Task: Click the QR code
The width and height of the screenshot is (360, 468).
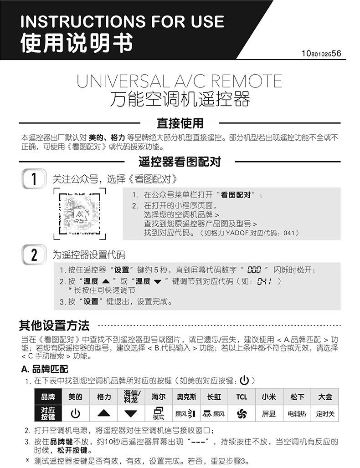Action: click(80, 214)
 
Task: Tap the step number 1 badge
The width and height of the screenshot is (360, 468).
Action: click(34, 178)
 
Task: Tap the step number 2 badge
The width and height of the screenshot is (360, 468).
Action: click(34, 254)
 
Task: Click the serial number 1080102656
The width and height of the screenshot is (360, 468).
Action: click(321, 54)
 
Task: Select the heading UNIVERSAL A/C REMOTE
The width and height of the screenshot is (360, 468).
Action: click(180, 81)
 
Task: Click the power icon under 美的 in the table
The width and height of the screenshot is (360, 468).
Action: click(75, 413)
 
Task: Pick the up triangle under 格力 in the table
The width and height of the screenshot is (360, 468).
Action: click(104, 413)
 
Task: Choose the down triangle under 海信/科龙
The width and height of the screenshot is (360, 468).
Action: click(131, 413)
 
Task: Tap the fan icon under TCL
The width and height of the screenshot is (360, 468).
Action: click(242, 413)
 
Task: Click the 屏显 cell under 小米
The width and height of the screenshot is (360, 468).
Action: click(269, 414)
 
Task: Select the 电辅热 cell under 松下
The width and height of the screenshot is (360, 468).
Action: click(297, 414)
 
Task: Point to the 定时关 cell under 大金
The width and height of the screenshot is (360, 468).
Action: click(325, 414)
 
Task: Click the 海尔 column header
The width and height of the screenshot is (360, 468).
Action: click(159, 397)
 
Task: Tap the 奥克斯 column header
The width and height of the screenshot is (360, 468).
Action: click(186, 397)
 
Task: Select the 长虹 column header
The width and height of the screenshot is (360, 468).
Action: click(214, 397)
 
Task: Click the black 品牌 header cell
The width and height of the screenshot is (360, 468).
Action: click(48, 397)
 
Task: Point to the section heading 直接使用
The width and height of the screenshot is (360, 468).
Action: click(180, 123)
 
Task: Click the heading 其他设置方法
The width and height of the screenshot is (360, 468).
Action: click(54, 326)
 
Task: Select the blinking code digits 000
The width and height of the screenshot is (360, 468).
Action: click(254, 270)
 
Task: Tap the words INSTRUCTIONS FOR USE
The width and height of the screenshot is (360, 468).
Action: click(123, 21)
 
